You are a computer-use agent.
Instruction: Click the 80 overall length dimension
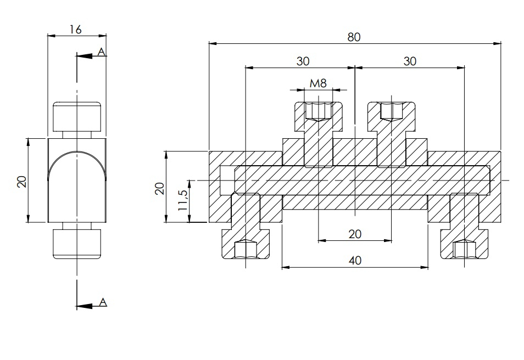click(x=354, y=37)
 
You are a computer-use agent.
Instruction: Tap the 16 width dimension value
click(x=76, y=30)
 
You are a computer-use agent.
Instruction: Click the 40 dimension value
click(x=355, y=260)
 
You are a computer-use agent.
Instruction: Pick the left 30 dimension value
click(x=303, y=61)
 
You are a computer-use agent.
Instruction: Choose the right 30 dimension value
click(x=410, y=61)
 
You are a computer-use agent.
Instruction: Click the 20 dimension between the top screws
click(x=355, y=234)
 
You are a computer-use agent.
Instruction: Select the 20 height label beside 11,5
click(x=160, y=188)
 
